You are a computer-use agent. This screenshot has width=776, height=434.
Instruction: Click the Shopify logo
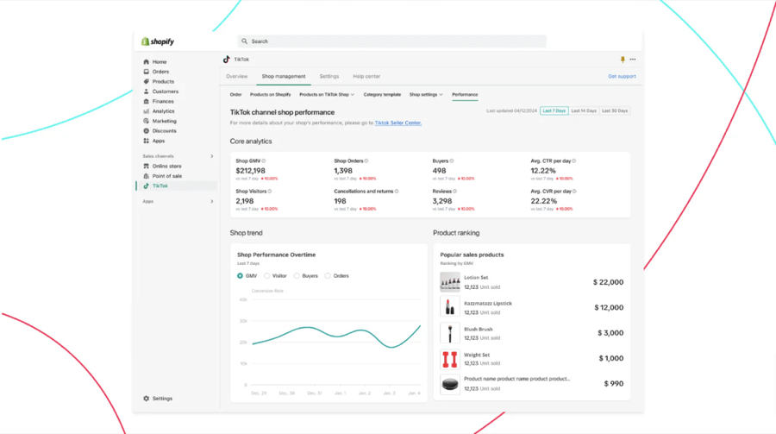[x=159, y=41]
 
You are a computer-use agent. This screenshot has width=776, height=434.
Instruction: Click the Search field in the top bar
[x=392, y=41]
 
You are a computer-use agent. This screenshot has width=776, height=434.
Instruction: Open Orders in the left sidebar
[x=160, y=72]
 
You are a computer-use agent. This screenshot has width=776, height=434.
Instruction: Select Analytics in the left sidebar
[x=163, y=111]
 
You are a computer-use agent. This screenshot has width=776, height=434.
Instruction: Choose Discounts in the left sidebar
[x=164, y=131]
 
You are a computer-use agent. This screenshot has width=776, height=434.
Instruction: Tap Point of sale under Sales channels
[x=166, y=176]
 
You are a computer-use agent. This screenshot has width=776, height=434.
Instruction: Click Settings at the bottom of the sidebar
[x=162, y=399]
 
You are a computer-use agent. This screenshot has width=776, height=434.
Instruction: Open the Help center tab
[x=366, y=77]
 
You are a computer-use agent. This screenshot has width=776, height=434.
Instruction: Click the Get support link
[x=622, y=77]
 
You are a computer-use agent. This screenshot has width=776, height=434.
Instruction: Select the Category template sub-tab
[x=382, y=95]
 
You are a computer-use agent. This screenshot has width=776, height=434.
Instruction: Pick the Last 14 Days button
[x=584, y=111]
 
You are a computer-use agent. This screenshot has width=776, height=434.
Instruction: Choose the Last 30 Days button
[x=615, y=111]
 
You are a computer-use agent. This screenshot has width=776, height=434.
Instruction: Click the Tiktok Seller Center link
[x=398, y=123]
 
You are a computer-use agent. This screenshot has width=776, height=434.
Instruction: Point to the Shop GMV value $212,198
[x=251, y=171]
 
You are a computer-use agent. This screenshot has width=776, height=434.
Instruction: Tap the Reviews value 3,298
[x=443, y=201]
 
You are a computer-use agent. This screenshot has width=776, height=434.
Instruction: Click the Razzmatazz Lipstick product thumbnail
[x=450, y=307]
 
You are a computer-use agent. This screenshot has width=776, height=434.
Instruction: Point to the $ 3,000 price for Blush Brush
[x=610, y=333]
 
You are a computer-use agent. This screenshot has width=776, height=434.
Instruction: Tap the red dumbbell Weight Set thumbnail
[x=450, y=358]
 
